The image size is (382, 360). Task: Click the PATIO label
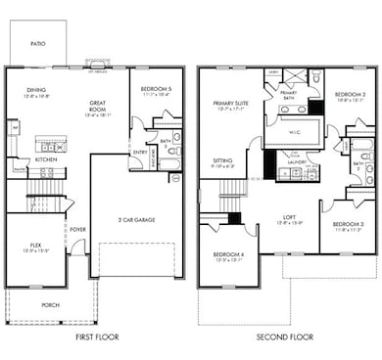pyautogui.click(x=37, y=43)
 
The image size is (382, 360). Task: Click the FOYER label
pyautogui.click(x=77, y=230)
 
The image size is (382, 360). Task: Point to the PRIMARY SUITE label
pyautogui.click(x=231, y=103)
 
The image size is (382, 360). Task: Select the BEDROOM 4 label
pyautogui.click(x=228, y=254)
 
